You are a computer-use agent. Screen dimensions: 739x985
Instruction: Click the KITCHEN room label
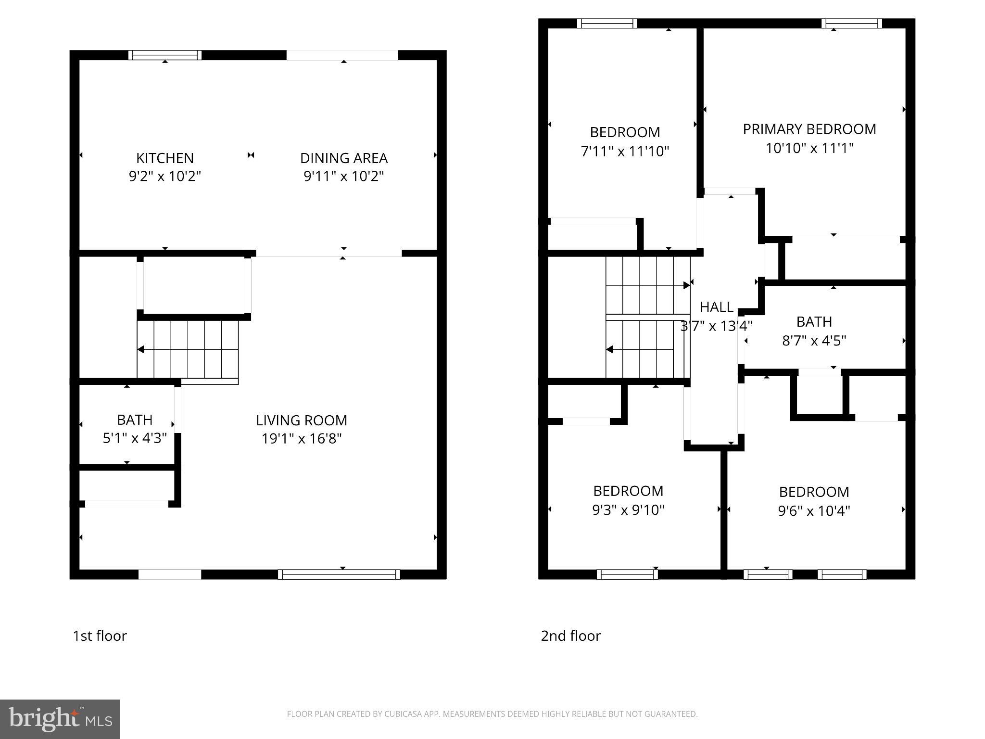(x=164, y=158)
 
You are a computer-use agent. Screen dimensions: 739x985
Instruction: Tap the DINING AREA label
(x=343, y=158)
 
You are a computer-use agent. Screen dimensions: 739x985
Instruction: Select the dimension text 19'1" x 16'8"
(x=302, y=439)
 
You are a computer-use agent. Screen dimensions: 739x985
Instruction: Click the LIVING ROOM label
(x=302, y=420)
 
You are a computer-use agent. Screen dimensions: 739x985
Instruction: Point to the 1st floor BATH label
(x=135, y=420)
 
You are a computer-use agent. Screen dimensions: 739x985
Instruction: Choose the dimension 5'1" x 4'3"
(x=135, y=438)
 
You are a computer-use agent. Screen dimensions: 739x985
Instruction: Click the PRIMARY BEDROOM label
(x=809, y=129)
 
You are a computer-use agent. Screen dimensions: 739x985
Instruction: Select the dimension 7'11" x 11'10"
(x=625, y=152)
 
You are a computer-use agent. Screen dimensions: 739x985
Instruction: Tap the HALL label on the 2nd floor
(x=716, y=306)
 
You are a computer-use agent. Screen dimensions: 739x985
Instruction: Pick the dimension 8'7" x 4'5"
(x=814, y=341)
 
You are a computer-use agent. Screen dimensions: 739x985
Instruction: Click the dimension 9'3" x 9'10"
(x=628, y=510)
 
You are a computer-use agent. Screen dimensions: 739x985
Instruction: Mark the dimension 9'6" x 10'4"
(x=814, y=510)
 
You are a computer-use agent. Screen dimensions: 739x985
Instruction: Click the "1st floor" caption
(x=100, y=636)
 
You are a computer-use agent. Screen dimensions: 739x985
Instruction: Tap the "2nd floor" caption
(x=570, y=636)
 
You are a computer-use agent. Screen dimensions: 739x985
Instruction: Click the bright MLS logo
(x=60, y=719)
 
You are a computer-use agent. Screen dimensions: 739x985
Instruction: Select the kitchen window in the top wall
(x=165, y=55)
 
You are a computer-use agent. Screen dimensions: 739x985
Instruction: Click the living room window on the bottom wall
(x=339, y=574)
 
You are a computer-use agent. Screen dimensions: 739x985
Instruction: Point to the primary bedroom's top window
(x=851, y=24)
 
